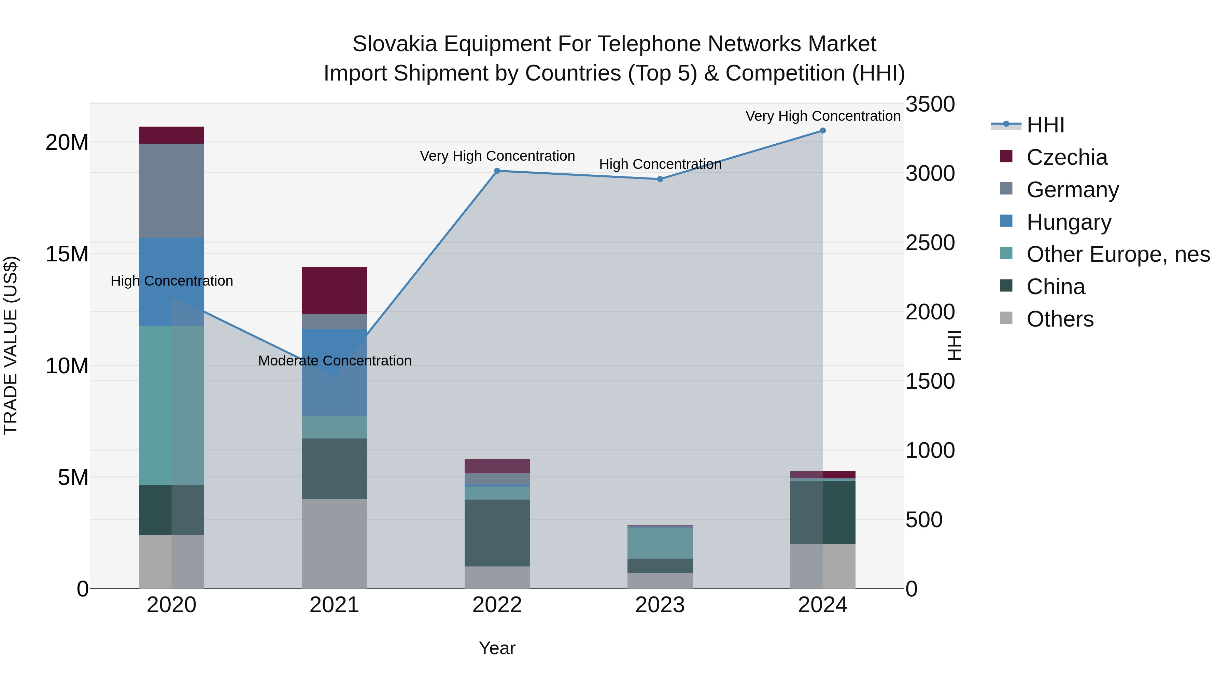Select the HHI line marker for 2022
coord(497,171)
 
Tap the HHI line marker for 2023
coord(660,179)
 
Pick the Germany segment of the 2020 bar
coord(171,191)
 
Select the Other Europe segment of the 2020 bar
coord(171,405)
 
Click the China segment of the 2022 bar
coord(497,533)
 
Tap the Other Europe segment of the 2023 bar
coord(660,543)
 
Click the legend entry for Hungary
coord(1069,222)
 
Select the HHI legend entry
coord(1045,125)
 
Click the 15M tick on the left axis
coord(67,254)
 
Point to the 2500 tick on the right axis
coord(930,243)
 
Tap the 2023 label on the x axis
coord(660,605)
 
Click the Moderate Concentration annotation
coord(335,361)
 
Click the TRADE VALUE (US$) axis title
coord(11,345)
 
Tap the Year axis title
coord(497,648)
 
